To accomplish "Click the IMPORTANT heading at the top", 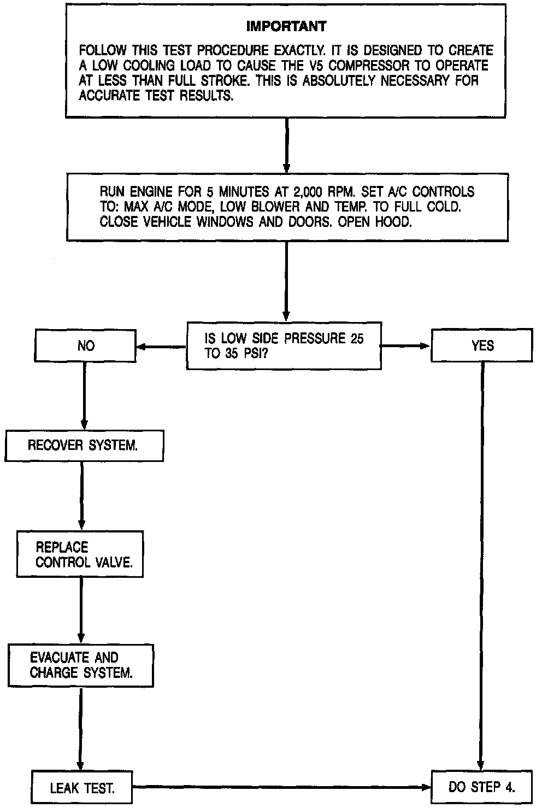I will pyautogui.click(x=286, y=26).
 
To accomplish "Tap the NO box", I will pyautogui.click(x=86, y=346).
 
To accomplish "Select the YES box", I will pyautogui.click(x=482, y=346).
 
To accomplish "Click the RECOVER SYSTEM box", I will pyautogui.click(x=84, y=445).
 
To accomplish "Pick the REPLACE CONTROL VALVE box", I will pyautogui.click(x=80, y=554).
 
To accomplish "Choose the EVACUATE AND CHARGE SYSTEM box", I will pyautogui.click(x=81, y=665).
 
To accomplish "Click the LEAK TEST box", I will pyautogui.click(x=82, y=788).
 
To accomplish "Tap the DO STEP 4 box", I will pyautogui.click(x=481, y=787).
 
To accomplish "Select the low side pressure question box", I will pyautogui.click(x=284, y=346).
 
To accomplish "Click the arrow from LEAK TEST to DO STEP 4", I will pyautogui.click(x=281, y=788).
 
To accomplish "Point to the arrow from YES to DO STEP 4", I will pyautogui.click(x=481, y=563).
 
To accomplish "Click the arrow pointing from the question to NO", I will pyautogui.click(x=161, y=346).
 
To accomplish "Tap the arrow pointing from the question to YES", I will pyautogui.click(x=406, y=346).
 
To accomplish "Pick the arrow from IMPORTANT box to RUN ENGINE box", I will pyautogui.click(x=286, y=145).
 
